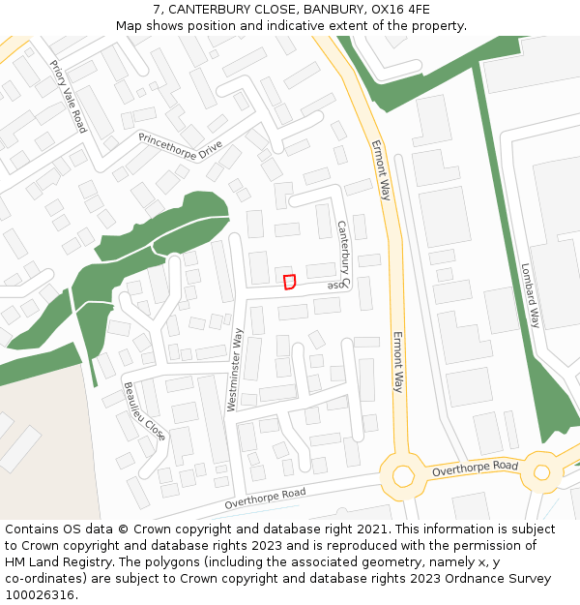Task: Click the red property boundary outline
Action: [x=288, y=282]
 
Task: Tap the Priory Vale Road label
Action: [x=68, y=97]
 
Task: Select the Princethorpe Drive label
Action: [x=181, y=149]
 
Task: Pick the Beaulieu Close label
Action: [x=144, y=410]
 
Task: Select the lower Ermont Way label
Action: [x=397, y=362]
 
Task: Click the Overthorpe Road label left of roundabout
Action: [x=265, y=499]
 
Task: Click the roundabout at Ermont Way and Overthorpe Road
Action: [x=402, y=475]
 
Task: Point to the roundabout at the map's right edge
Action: [x=541, y=472]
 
